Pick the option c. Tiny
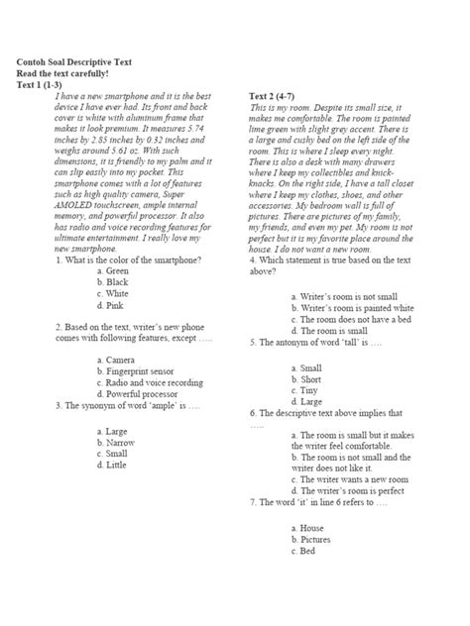[304, 389]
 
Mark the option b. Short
[306, 378]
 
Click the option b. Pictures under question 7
[311, 540]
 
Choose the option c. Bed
[303, 551]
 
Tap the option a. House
[307, 529]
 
